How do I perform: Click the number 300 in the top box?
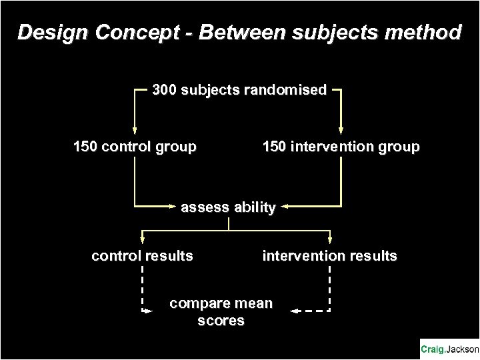(164, 89)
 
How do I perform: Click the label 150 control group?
(135, 147)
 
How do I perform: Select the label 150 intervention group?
(341, 147)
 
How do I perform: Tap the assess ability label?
(228, 207)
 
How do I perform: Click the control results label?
(142, 255)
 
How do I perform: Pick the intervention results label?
(329, 255)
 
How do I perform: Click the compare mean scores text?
(221, 312)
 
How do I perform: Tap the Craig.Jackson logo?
(449, 349)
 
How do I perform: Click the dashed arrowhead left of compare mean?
(147, 311)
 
